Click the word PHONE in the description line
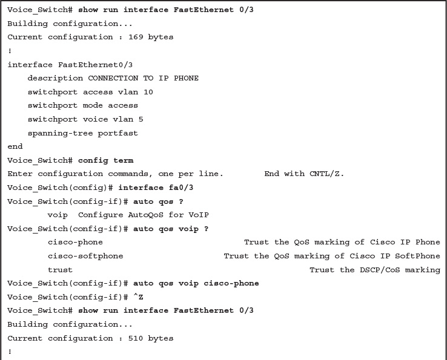pos(186,78)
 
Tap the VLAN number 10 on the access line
pos(148,92)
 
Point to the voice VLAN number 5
pos(141,119)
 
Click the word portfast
pos(118,133)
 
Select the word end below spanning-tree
pos(15,146)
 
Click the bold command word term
pos(123,160)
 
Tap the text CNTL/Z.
pos(326,174)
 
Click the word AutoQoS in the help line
pos(146,215)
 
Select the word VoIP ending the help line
pos(199,215)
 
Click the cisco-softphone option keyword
pos(85,256)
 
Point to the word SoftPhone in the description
pos(417,256)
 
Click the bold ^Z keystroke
pos(138,297)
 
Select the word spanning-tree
pos(60,133)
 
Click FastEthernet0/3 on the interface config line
pos(95,65)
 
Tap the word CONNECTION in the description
pos(113,78)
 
